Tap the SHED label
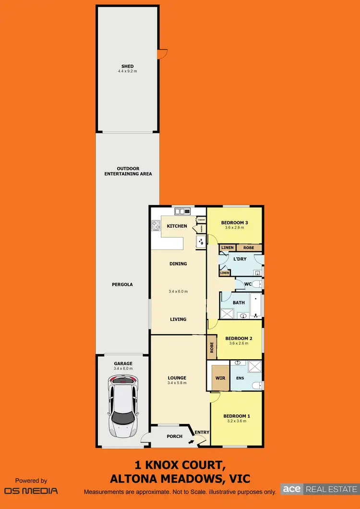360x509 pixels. click(127, 66)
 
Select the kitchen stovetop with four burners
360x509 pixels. click(156, 226)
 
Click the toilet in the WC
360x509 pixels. click(258, 284)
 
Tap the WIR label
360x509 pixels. click(220, 378)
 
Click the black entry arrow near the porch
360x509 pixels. click(192, 440)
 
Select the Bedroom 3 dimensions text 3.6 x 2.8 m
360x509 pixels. click(234, 228)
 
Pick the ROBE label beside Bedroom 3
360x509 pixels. click(249, 248)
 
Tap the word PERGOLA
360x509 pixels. click(123, 284)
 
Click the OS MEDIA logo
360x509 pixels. click(31, 490)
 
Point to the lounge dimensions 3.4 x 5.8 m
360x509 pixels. click(177, 383)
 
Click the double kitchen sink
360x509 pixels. click(183, 211)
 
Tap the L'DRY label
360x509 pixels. click(240, 259)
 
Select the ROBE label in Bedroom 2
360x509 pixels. click(211, 347)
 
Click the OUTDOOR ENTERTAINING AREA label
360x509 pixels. click(128, 171)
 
